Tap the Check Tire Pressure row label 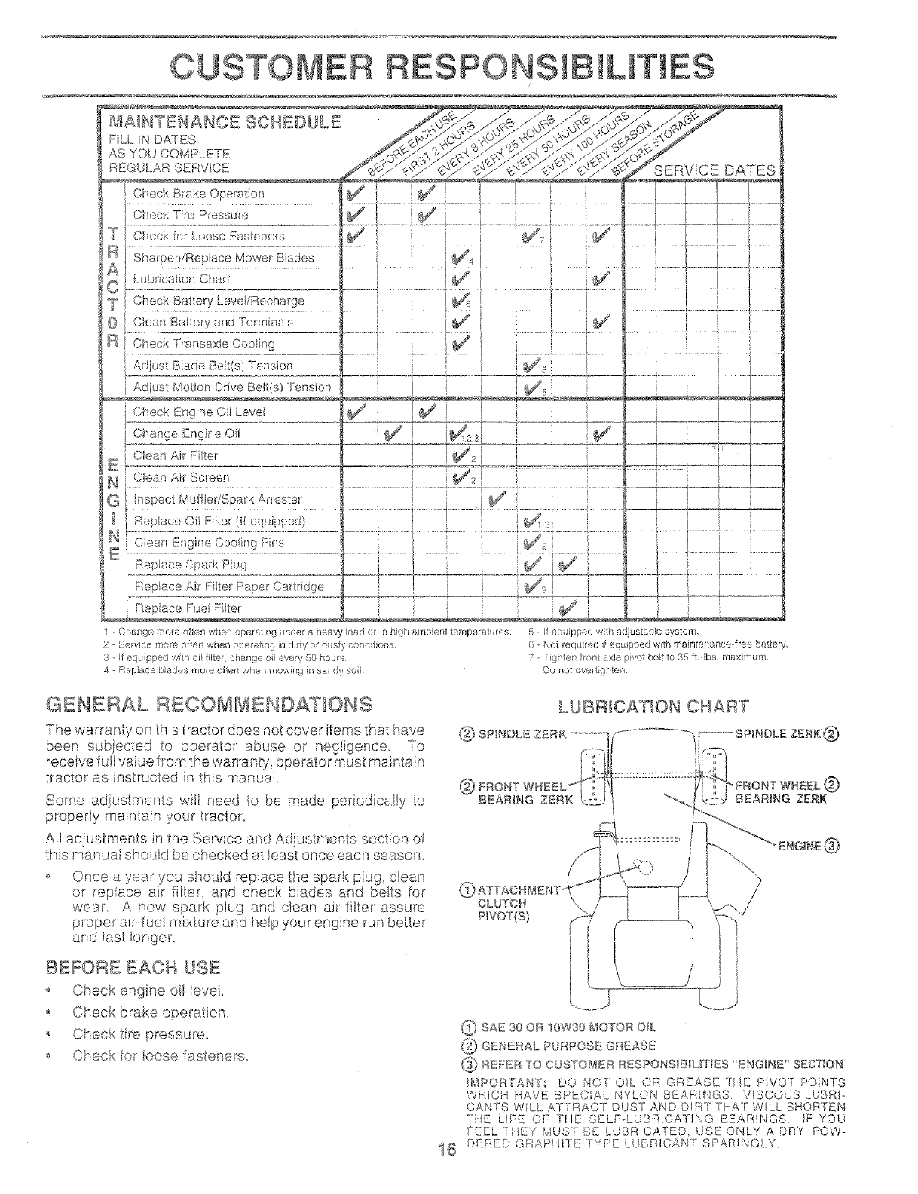click(x=198, y=215)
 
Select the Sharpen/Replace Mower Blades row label click(x=223, y=258)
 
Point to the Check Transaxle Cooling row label click(x=203, y=344)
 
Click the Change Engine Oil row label click(x=186, y=434)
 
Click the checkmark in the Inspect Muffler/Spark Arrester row click(x=498, y=498)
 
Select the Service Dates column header click(x=715, y=170)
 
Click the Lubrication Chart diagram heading click(x=653, y=706)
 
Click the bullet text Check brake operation click(x=150, y=1012)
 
